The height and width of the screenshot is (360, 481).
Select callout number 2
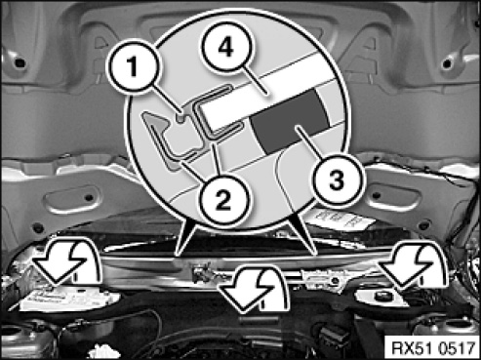(222, 199)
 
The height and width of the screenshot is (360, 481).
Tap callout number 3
(336, 180)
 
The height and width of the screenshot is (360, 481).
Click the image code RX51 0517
(433, 348)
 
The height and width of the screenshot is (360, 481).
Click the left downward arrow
(65, 260)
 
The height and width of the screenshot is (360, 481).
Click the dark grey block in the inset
(290, 122)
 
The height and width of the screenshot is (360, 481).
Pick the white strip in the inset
(261, 95)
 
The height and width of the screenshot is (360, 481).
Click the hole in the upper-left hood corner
(20, 61)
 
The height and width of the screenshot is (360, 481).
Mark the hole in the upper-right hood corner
(448, 62)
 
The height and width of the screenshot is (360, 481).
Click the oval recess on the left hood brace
(73, 199)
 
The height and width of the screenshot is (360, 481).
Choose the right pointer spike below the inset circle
(304, 233)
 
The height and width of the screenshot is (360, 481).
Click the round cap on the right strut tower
(381, 297)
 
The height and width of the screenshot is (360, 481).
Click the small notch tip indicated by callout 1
(180, 117)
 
